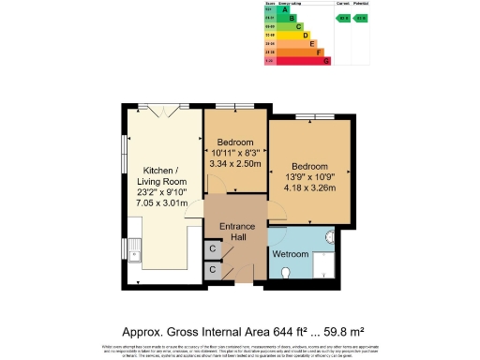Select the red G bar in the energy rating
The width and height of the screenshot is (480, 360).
click(x=325, y=61)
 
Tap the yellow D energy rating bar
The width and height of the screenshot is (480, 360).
click(x=305, y=35)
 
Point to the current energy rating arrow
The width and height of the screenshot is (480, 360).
click(x=343, y=18)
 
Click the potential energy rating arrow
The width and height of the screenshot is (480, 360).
click(x=361, y=18)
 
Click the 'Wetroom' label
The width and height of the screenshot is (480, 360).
click(x=290, y=254)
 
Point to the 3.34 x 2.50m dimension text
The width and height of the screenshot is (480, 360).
click(x=236, y=163)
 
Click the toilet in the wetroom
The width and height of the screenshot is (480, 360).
click(x=286, y=273)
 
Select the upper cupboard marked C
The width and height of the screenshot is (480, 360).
click(x=214, y=248)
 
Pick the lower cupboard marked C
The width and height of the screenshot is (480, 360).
click(x=214, y=270)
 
